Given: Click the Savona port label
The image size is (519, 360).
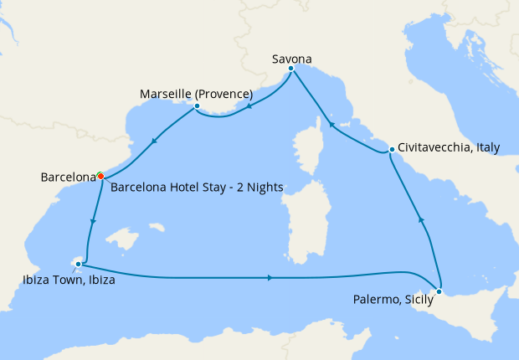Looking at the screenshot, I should click(292, 59).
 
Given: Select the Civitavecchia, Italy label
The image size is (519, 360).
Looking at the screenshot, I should click(449, 147).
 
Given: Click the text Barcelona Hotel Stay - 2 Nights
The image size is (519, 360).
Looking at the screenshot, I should click(197, 187).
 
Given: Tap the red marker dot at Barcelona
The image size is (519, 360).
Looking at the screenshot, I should click(100, 176).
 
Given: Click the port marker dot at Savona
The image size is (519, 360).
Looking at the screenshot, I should click(290, 69).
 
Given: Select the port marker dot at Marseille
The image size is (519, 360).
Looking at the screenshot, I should click(196, 106).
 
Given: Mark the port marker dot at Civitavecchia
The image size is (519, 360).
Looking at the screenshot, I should click(392, 150).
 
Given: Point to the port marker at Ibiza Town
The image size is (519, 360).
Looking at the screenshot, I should click(78, 264).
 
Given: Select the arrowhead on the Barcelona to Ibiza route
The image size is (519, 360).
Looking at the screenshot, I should click(92, 223).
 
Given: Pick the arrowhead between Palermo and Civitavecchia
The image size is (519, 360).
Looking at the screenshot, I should click(421, 220).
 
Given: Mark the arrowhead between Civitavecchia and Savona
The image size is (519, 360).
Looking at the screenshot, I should click(331, 125).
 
